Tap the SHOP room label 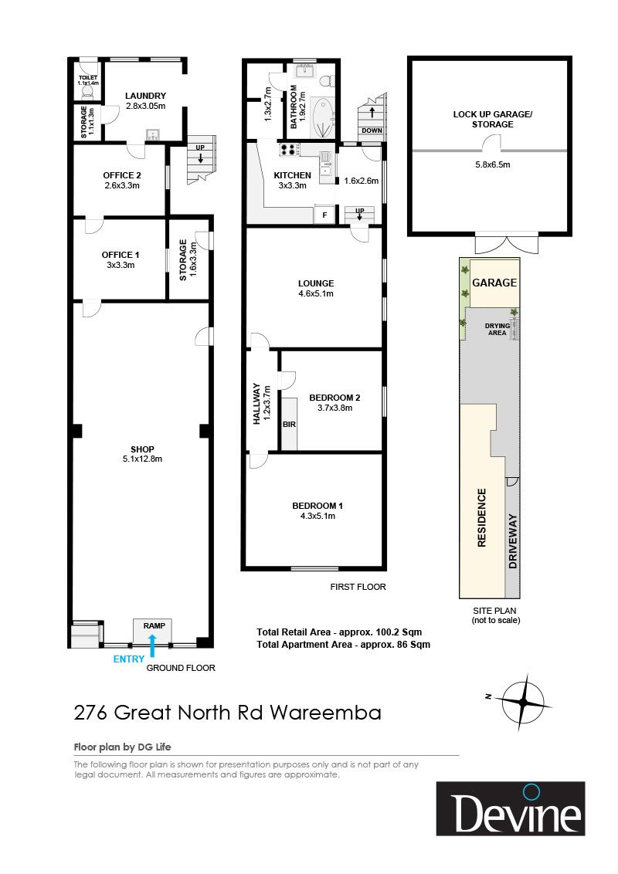point(142,449)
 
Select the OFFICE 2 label point(121,175)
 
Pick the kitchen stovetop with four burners point(289,149)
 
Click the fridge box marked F point(324,215)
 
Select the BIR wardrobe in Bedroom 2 point(289,424)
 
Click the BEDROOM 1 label point(317,506)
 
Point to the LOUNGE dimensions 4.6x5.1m point(316,293)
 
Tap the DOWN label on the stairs point(372,130)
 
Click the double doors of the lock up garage point(507,243)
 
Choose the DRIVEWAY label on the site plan point(513,541)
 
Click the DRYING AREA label point(497,329)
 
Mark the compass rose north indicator point(488,696)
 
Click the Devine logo point(511,808)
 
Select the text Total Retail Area point(294,632)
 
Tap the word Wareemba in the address point(326,713)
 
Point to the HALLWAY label point(256,403)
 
